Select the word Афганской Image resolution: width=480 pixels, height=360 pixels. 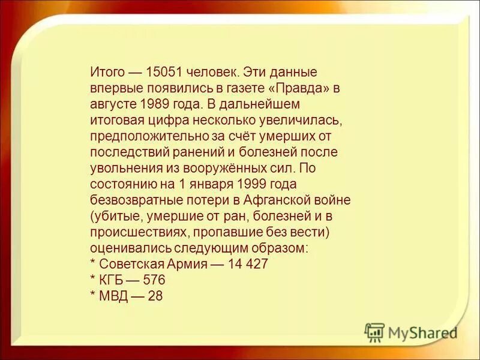pos(288,199)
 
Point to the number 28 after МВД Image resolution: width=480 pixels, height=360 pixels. pos(155,296)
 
